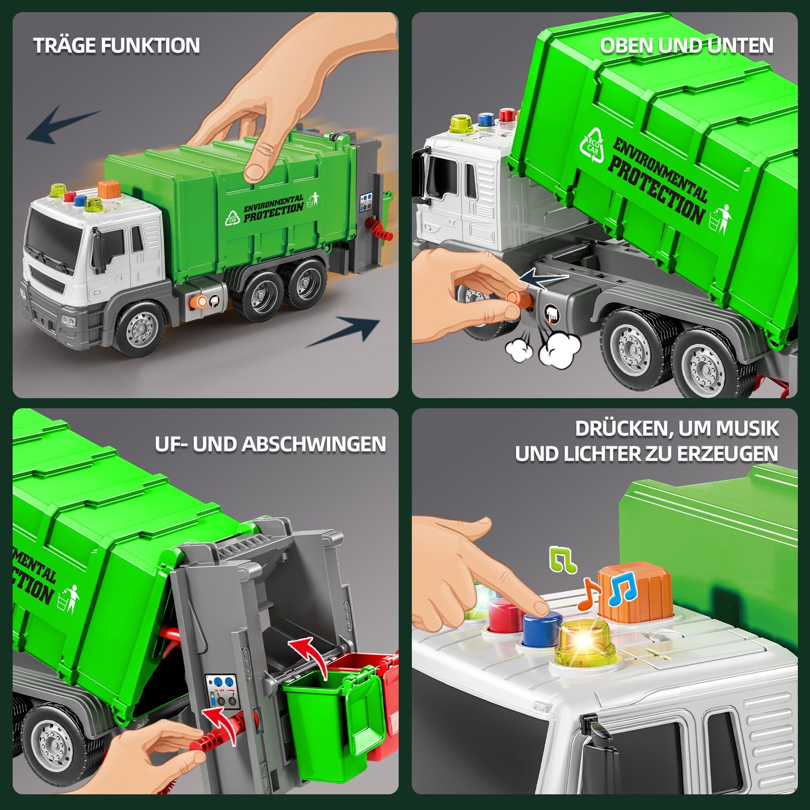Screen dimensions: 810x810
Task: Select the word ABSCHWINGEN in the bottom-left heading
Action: (314, 444)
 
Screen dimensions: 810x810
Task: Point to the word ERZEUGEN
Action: (728, 454)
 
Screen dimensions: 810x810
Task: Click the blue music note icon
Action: (622, 590)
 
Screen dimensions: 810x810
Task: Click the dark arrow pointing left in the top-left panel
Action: (63, 124)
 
